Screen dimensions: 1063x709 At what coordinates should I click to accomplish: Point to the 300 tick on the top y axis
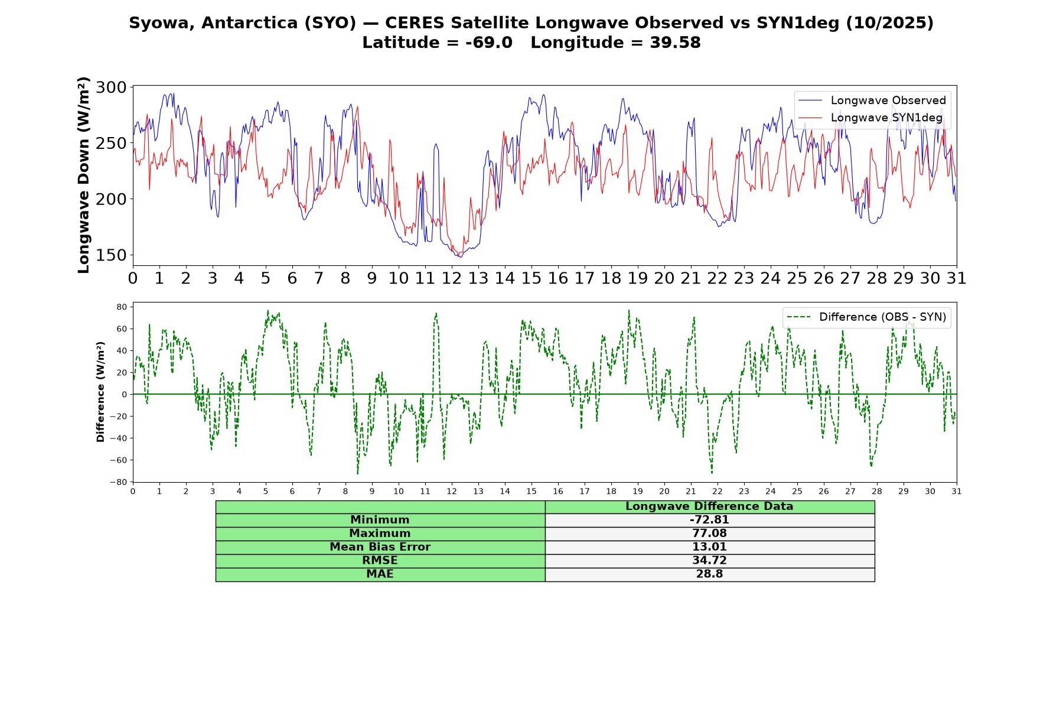point(111,87)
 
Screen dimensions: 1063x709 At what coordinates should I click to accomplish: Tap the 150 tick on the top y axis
point(111,255)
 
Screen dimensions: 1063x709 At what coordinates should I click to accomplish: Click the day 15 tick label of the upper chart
point(531,278)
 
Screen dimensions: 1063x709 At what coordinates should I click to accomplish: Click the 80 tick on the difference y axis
point(122,307)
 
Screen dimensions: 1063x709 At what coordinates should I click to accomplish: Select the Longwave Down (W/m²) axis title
point(83,175)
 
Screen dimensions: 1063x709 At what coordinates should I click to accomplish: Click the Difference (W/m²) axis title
point(100,392)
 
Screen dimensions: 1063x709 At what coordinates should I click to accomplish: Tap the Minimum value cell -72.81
point(709,520)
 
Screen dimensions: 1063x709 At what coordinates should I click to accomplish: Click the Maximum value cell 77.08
point(709,534)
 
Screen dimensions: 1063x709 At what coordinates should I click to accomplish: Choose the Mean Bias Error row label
point(380,547)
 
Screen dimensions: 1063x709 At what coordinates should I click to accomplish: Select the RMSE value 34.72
point(709,561)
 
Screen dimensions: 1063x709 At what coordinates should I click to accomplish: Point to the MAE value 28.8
point(709,574)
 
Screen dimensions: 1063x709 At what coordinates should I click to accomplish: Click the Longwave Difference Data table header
point(709,506)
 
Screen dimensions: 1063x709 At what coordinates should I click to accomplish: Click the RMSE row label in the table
point(380,561)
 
